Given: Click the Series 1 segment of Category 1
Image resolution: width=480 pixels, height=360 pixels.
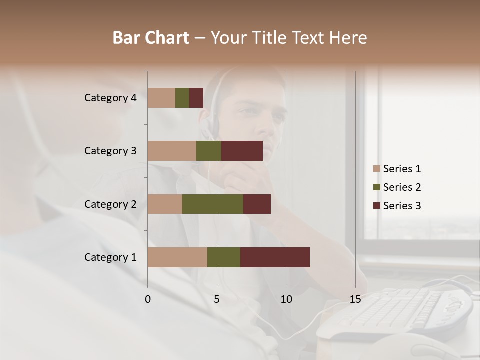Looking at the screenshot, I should (177, 257).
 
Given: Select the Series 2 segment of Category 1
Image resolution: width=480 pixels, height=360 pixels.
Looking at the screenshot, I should (224, 257).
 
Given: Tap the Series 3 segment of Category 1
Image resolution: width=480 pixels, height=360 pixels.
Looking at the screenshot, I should (275, 257).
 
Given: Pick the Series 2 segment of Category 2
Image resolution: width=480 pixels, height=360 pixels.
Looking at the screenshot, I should (213, 204).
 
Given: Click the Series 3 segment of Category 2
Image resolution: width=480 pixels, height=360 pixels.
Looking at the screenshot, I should (257, 204).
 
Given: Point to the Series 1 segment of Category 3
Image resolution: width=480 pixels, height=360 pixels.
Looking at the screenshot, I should (172, 151).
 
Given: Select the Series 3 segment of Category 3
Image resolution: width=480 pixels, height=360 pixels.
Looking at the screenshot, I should (242, 151).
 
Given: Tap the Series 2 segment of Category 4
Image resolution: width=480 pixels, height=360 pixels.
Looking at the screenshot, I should (182, 98).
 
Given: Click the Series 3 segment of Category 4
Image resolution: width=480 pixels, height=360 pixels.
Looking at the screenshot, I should (196, 98).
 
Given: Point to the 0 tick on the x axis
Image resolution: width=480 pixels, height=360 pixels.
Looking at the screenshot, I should (148, 299).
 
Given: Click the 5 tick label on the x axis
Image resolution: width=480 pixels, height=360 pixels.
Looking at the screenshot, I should (217, 299).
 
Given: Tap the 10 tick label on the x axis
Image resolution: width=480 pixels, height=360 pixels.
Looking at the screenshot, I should (286, 299).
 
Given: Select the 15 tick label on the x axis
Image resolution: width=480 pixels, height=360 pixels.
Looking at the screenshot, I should (355, 299).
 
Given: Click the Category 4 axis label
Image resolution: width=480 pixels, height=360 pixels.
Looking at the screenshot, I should (110, 98).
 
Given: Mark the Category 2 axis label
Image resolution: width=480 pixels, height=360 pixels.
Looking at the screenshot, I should (110, 204).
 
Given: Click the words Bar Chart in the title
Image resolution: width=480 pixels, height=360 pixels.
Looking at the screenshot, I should (151, 38).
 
